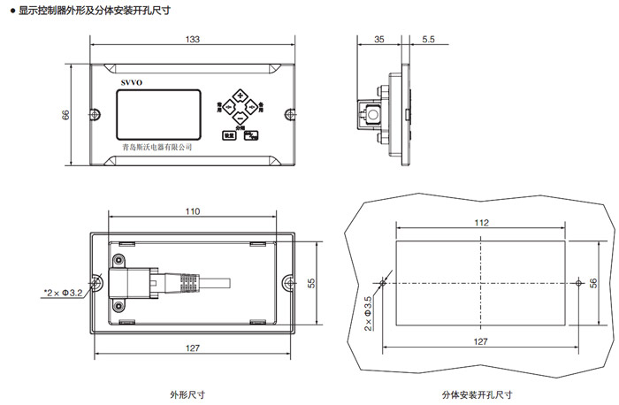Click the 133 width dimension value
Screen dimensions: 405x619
(193, 40)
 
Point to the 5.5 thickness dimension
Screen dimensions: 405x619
(428, 40)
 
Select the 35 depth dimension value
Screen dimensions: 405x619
(378, 40)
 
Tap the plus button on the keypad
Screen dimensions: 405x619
(239, 95)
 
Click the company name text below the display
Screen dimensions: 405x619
(157, 147)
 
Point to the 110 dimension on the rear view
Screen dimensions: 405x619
(193, 212)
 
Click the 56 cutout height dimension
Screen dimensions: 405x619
(593, 282)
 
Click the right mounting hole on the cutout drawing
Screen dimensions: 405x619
(577, 283)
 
